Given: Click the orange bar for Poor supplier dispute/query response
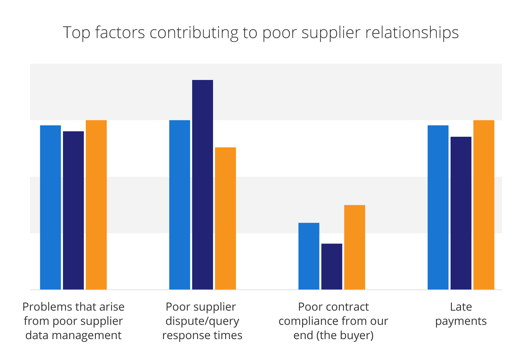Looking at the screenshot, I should tap(225, 218).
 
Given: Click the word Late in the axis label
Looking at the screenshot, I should tap(461, 307).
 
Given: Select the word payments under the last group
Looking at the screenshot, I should tap(461, 321).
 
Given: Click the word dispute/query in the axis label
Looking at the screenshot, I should tap(202, 321).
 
